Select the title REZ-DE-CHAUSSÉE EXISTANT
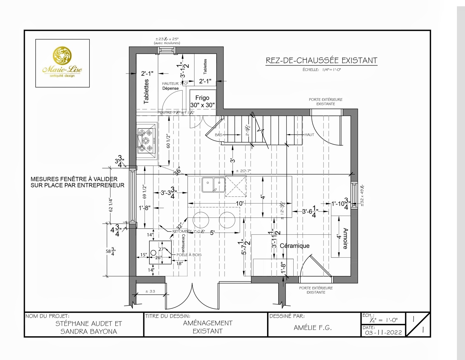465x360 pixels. click(x=321, y=61)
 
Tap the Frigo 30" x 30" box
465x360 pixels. click(x=202, y=102)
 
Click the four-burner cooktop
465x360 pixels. click(x=146, y=141)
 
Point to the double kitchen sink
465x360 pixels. click(x=213, y=185)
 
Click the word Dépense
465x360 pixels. click(x=170, y=88)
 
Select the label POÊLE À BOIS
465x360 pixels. click(x=189, y=255)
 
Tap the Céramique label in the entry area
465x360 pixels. click(x=294, y=246)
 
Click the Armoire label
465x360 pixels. click(x=346, y=238)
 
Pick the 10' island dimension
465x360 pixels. click(x=240, y=203)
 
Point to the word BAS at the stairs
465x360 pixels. click(x=218, y=134)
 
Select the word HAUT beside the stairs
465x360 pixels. click(x=309, y=134)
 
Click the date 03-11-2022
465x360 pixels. click(x=383, y=332)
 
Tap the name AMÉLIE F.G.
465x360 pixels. click(x=312, y=328)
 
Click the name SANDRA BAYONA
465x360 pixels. click(x=88, y=331)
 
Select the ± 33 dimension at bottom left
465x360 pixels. click(x=150, y=291)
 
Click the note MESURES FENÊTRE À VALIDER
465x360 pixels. click(x=74, y=179)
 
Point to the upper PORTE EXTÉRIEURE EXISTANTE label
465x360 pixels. click(x=326, y=102)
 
